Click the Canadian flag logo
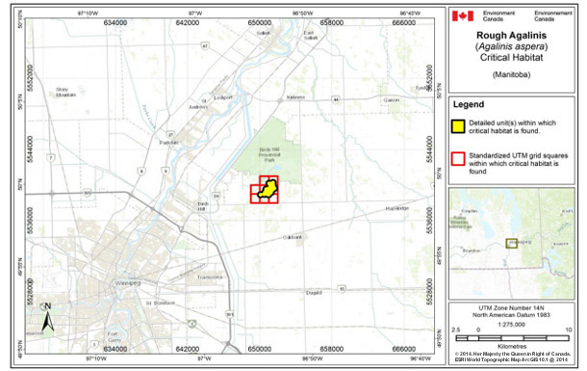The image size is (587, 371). pos(465,15)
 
